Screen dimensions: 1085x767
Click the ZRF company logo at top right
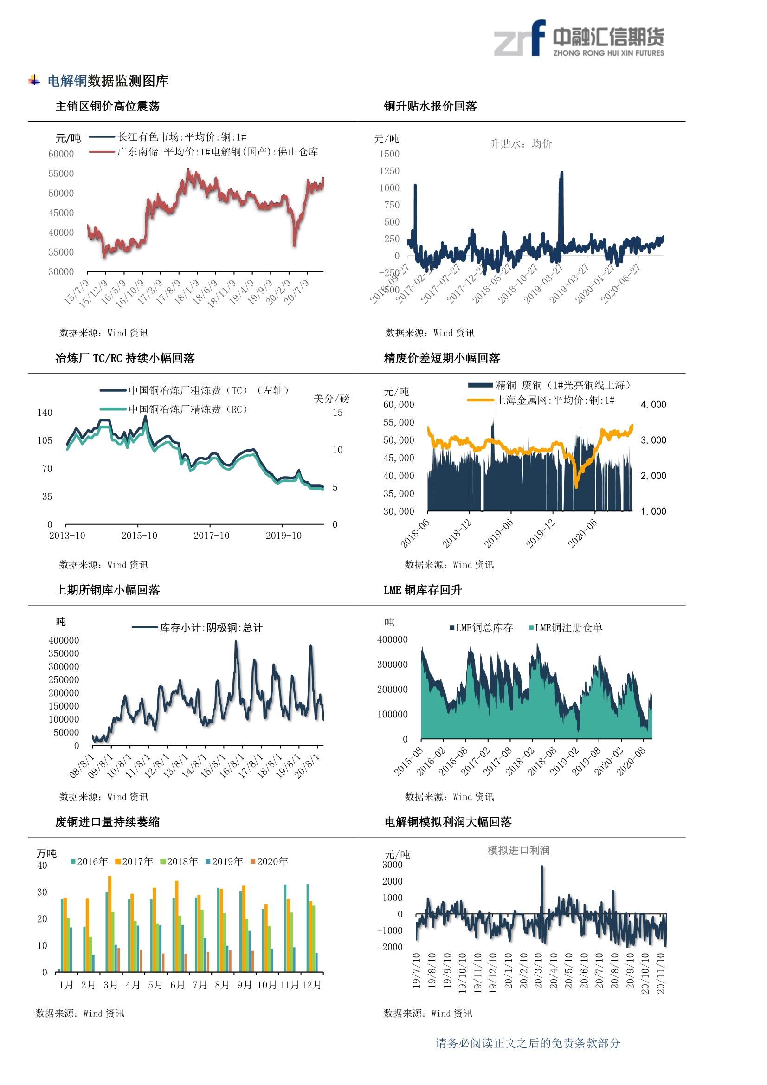(x=579, y=39)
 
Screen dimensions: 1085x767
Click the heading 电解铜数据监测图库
(x=108, y=81)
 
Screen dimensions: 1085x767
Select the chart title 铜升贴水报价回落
(x=430, y=106)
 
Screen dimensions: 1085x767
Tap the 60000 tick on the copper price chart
(x=61, y=154)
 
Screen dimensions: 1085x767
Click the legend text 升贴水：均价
(x=521, y=144)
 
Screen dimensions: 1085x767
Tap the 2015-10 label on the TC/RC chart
(x=139, y=536)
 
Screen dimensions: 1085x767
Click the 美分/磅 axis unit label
(x=331, y=399)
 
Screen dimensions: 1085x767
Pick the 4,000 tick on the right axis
(x=653, y=405)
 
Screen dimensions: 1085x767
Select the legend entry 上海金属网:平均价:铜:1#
(x=555, y=400)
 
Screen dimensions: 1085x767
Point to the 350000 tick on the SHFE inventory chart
(x=64, y=653)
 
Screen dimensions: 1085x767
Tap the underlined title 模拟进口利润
(x=518, y=851)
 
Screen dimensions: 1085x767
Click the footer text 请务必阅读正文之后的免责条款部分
(x=528, y=1043)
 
